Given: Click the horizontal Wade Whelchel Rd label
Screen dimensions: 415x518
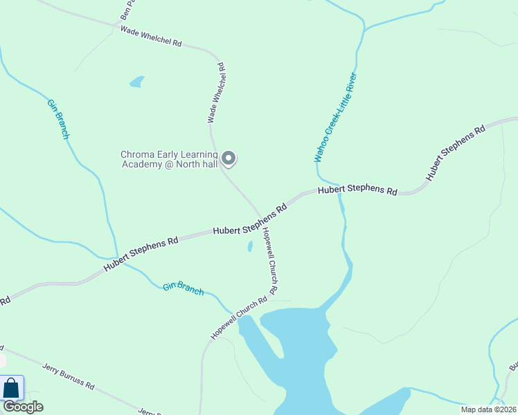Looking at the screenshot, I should (x=150, y=36).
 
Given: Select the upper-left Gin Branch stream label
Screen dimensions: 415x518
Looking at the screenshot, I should (x=57, y=119).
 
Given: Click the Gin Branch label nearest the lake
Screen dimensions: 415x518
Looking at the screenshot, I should (x=184, y=288).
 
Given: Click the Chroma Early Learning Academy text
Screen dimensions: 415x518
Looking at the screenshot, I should (x=169, y=159).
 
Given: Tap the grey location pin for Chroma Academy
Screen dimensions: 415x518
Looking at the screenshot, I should (x=229, y=158).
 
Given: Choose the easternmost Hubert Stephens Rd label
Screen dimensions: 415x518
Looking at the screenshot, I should (x=456, y=154).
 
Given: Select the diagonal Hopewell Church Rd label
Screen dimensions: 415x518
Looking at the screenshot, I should (x=239, y=318).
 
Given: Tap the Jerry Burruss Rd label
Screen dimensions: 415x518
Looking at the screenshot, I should (x=68, y=376).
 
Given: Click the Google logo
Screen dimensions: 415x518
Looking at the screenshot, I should (x=23, y=407).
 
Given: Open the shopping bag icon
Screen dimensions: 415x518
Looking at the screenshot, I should (x=12, y=387).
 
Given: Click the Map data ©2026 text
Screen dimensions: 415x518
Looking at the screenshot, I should (x=488, y=409).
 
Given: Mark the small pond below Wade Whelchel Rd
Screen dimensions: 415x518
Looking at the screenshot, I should (x=137, y=82).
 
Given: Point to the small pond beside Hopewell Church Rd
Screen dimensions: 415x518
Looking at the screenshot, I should (x=250, y=247).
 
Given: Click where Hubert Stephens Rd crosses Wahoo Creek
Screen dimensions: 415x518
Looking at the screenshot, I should (x=338, y=191).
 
